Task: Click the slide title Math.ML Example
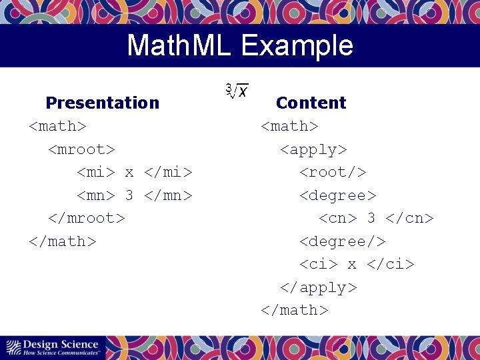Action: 240,45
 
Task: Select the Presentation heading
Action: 102,103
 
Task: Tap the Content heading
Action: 311,103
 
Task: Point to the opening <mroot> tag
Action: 81,149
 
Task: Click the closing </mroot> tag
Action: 86,218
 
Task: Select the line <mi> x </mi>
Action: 135,172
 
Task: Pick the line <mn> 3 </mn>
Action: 135,195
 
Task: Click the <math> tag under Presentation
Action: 57,126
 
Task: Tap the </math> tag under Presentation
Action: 62,241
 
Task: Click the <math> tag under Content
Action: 289,126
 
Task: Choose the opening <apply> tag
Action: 313,149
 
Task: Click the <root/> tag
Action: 333,172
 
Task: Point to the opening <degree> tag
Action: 338,195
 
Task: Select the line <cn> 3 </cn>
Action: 376,218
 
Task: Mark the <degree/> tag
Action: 343,241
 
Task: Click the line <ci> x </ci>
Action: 357,264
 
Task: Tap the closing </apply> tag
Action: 318,287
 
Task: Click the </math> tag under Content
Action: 294,310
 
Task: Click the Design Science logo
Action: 53,347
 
